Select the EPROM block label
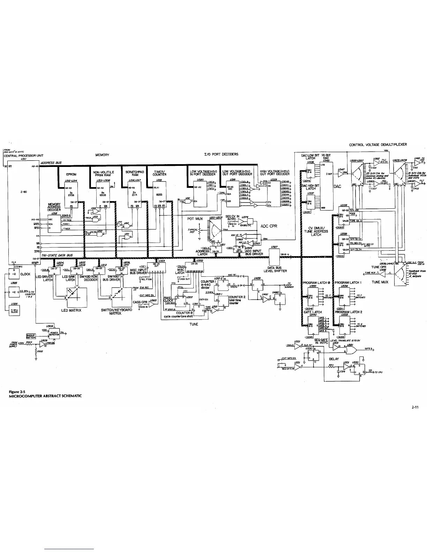72,174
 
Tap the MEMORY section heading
102,155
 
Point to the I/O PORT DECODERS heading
221,154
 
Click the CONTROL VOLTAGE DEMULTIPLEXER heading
378,145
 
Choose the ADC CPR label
269,226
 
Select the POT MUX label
195,219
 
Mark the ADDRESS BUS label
51,163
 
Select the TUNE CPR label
378,267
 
